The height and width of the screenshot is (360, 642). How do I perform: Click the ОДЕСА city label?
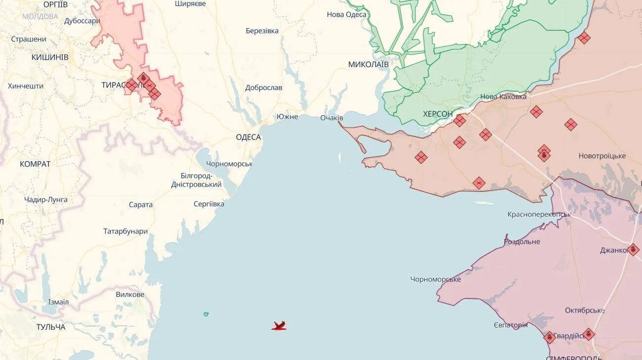[x=248, y=137]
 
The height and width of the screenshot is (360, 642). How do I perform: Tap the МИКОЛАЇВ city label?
[x=368, y=64]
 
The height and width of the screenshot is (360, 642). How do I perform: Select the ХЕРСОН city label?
[x=438, y=114]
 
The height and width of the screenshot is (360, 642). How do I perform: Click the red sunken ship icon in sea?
[x=279, y=325]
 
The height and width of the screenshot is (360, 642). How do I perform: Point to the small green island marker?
[x=206, y=314]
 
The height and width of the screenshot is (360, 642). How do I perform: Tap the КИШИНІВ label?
[x=50, y=57]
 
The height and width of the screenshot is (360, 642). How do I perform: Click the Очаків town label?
[x=331, y=118]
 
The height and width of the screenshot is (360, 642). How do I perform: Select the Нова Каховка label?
[x=504, y=97]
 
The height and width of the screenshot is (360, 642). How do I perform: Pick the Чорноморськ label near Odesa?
[x=229, y=164]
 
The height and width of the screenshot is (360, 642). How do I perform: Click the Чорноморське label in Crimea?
[x=435, y=279]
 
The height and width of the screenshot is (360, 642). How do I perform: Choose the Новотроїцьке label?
[x=602, y=156]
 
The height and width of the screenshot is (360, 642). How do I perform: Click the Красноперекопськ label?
[x=539, y=214]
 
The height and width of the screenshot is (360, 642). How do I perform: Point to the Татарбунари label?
[x=126, y=231]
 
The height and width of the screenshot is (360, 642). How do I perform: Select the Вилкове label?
[x=130, y=294]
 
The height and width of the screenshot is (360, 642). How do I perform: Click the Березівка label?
[x=262, y=31]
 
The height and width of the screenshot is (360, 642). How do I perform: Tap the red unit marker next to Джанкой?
[x=633, y=250]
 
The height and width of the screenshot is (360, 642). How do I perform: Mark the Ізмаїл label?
[x=58, y=302]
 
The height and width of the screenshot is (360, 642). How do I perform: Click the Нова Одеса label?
[x=347, y=14]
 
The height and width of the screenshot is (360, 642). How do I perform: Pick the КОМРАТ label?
[x=35, y=164]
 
